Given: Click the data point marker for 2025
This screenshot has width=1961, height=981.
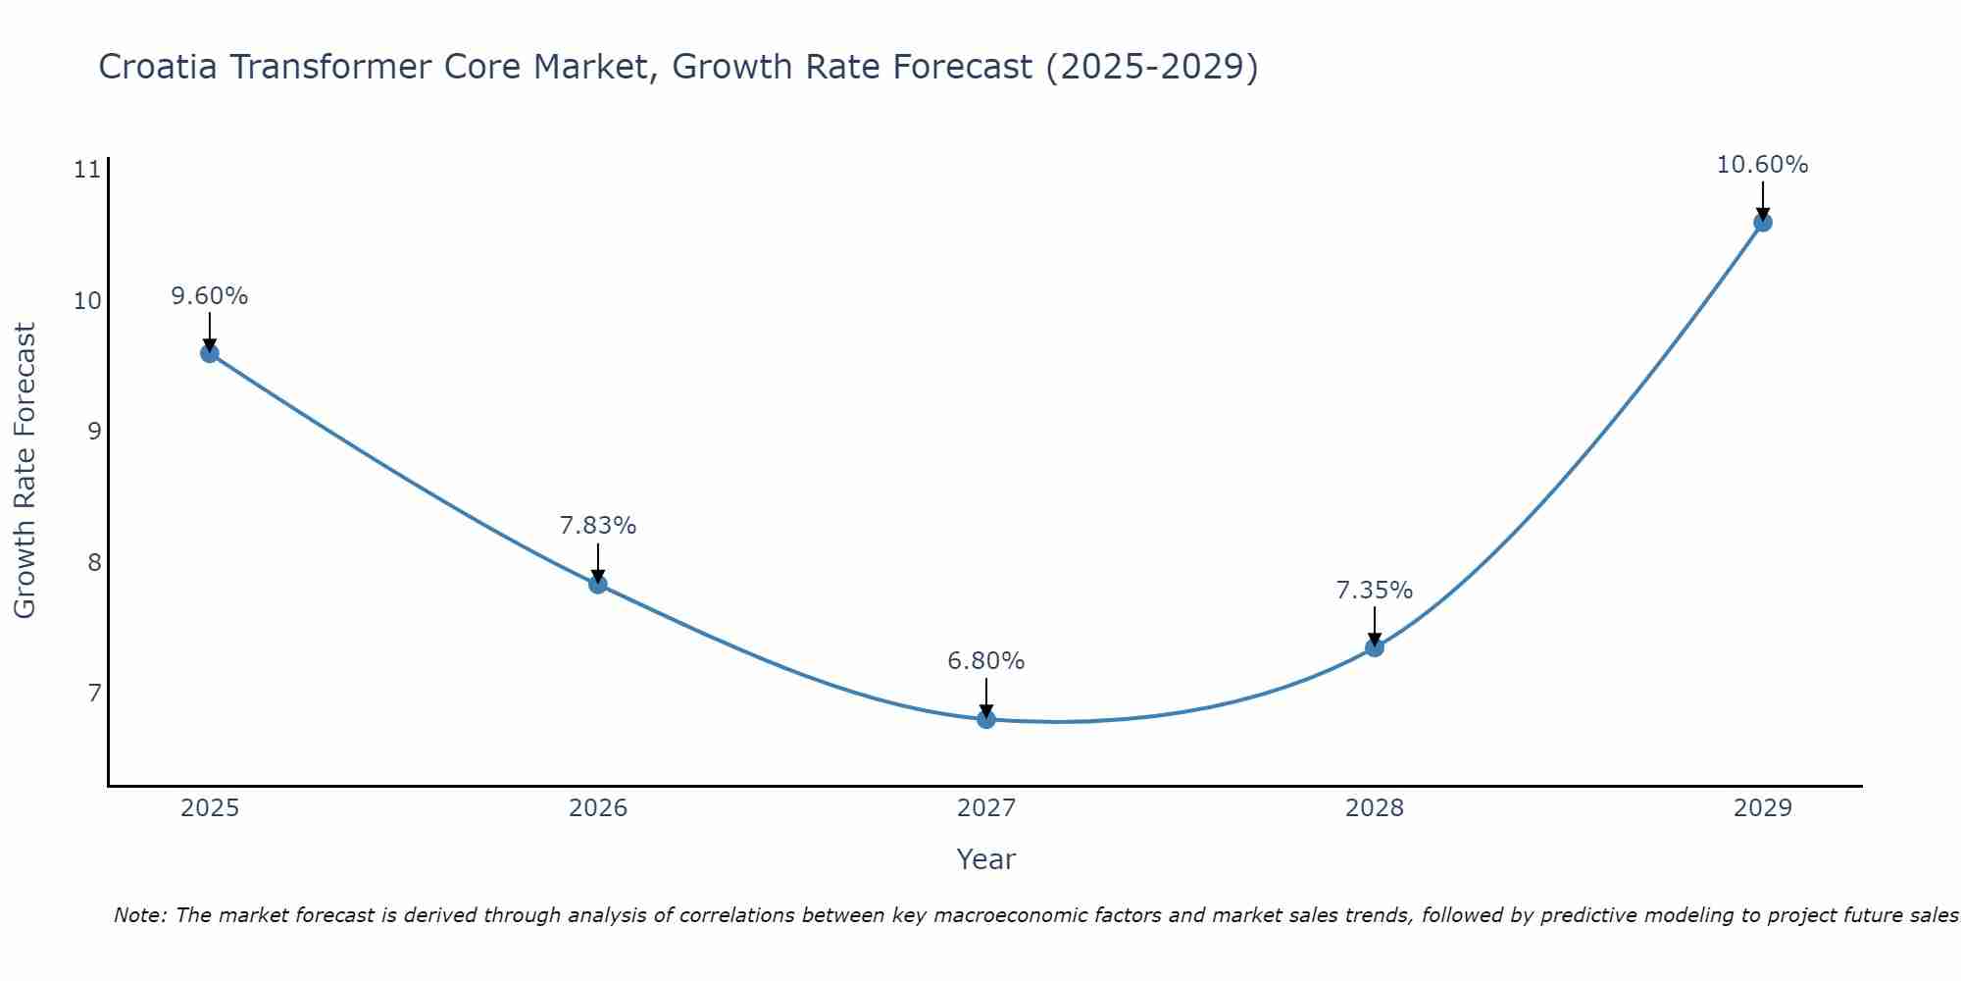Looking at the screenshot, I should tap(210, 353).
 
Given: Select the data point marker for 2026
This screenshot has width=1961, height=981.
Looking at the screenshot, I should tap(598, 585).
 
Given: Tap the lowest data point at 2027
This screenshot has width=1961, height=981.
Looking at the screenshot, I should tap(986, 719).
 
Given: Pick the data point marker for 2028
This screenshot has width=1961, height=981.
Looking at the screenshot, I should tap(1375, 647).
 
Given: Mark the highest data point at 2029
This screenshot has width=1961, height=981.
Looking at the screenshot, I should tap(1762, 223).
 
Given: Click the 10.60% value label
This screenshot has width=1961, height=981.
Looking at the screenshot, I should tap(1762, 165).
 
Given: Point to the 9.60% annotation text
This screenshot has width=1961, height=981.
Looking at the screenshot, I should tap(210, 296).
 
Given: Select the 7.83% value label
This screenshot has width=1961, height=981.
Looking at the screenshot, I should tap(598, 526).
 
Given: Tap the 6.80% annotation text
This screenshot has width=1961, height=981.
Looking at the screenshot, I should tap(986, 661).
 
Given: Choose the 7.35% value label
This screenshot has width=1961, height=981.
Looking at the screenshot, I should tap(1375, 591).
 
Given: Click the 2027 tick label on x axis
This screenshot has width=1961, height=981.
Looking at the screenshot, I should tap(986, 808).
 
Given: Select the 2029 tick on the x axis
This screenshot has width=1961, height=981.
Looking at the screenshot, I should tap(1762, 808).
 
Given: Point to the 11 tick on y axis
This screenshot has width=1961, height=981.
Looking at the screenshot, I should tap(87, 170).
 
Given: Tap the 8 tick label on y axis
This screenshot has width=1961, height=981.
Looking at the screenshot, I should tap(94, 562).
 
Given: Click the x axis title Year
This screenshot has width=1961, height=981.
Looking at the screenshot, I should tap(986, 859).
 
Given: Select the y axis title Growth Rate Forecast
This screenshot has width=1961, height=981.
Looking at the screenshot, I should tap(25, 471).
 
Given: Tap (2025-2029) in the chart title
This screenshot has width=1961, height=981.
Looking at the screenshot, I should tap(1151, 68).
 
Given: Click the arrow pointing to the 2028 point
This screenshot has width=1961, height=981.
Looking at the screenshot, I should tap(1375, 624).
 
